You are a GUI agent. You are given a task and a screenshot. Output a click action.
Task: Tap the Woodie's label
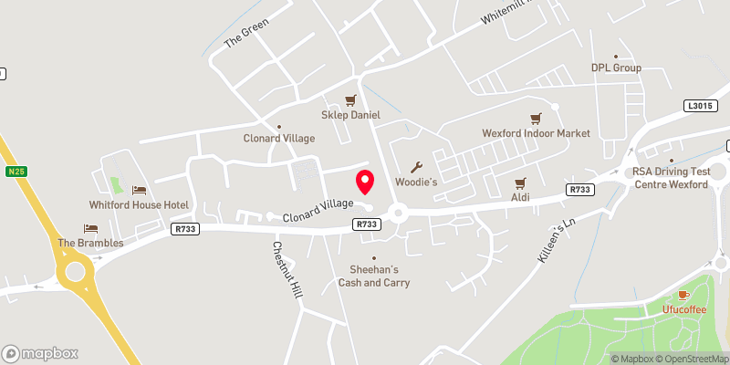[x=417, y=182]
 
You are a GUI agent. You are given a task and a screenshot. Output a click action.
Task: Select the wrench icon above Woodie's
[x=417, y=167]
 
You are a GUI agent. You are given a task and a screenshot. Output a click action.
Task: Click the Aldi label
[x=521, y=197]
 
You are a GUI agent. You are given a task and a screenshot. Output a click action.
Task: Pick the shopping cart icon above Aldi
[x=521, y=182]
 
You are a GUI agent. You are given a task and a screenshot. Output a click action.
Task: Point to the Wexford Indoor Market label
[x=537, y=133]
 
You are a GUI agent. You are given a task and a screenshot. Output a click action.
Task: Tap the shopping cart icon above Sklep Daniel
[x=349, y=100]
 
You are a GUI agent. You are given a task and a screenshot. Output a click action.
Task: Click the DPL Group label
[x=616, y=68]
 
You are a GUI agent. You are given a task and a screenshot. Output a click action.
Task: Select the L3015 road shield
[x=699, y=107]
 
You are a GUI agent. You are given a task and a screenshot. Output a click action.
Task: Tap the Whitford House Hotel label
[x=140, y=204]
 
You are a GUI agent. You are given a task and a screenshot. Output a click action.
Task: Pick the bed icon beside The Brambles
[x=90, y=228]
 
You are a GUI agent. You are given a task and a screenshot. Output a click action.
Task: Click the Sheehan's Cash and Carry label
[x=374, y=276]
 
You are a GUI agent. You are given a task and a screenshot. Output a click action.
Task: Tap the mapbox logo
[x=40, y=353]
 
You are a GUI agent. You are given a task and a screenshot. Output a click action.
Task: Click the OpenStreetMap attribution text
[x=694, y=359]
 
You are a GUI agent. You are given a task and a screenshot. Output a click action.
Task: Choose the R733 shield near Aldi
[x=578, y=190]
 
